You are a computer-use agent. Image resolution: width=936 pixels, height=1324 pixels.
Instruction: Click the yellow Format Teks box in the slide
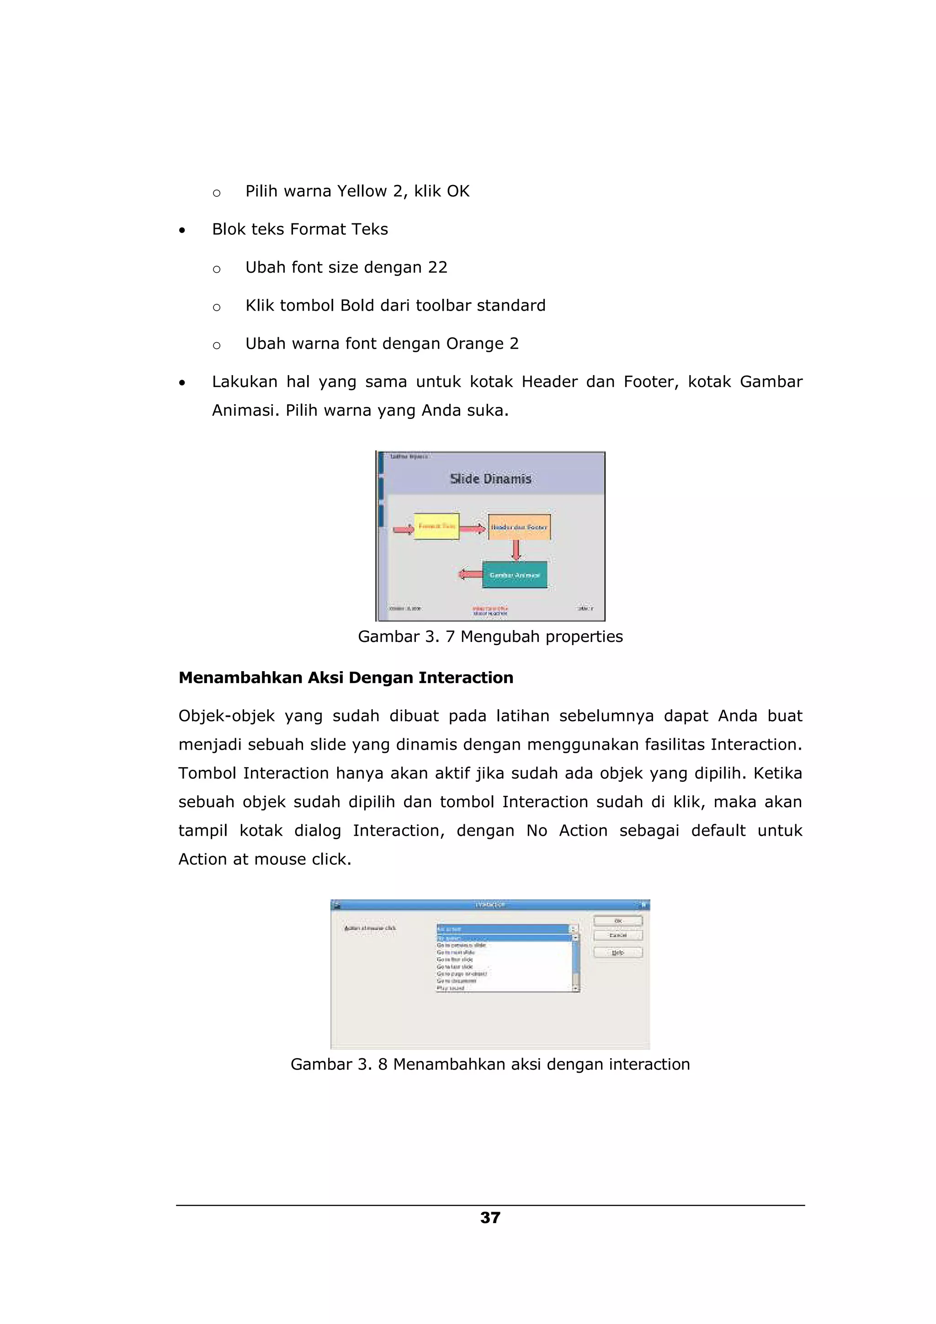[x=436, y=526]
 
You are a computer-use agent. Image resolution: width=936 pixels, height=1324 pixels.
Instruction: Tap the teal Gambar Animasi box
[x=515, y=575]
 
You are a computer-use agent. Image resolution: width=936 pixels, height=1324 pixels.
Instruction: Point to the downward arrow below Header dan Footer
[x=516, y=550]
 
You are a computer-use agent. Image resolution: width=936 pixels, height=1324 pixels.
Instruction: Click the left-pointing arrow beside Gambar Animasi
[x=470, y=574]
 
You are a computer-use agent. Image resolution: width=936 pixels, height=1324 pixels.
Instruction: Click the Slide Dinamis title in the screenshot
[x=490, y=479]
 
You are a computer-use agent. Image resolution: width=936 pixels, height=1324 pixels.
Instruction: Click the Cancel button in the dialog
[x=617, y=935]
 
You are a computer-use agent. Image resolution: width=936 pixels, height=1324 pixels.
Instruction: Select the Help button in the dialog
[x=617, y=953]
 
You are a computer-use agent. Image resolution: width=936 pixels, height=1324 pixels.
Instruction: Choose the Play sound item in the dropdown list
[x=451, y=988]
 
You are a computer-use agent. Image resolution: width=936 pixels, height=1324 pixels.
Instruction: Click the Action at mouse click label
[x=370, y=928]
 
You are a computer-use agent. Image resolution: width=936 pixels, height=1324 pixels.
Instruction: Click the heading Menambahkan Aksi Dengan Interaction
[x=346, y=678]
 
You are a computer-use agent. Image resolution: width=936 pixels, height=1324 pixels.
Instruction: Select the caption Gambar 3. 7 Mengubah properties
[x=490, y=636]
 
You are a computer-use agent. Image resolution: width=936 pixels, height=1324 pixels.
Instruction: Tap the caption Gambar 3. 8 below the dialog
[x=490, y=1064]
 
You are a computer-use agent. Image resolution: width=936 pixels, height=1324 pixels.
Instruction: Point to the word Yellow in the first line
[x=362, y=191]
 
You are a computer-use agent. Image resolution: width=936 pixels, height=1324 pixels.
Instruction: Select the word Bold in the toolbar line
[x=357, y=306]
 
